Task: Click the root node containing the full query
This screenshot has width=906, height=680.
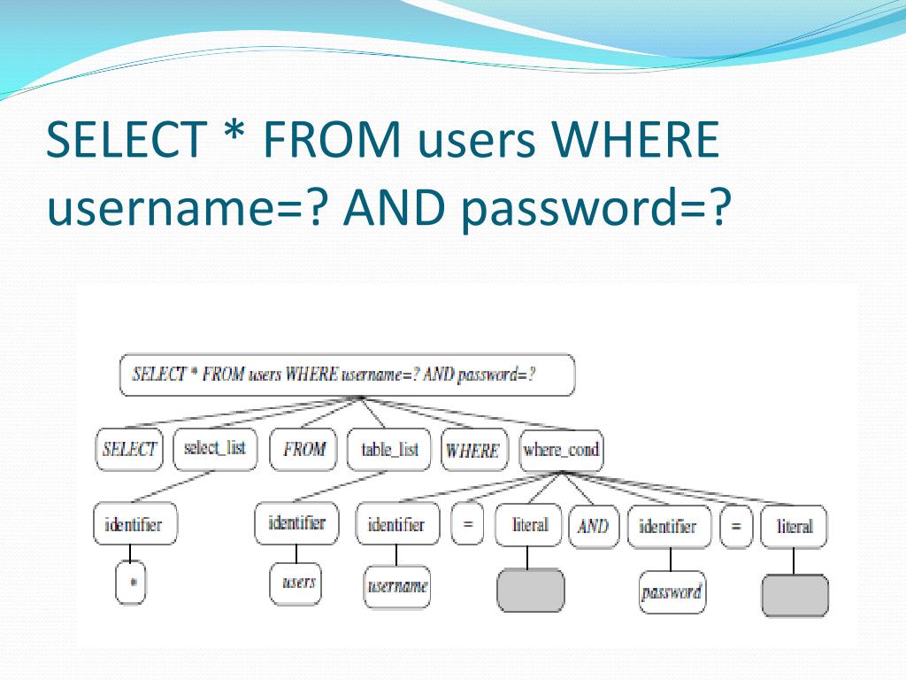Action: [x=346, y=375]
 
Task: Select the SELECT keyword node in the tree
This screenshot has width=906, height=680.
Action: [x=129, y=449]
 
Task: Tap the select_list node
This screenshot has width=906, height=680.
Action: [x=214, y=448]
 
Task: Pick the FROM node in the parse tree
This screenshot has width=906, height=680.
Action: [x=304, y=449]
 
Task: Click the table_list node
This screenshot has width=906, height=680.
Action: [x=389, y=449]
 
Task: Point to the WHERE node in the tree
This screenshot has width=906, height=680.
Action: [x=472, y=450]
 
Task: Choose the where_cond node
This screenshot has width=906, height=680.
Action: [x=561, y=450]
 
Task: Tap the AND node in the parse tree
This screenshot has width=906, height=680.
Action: [x=593, y=526]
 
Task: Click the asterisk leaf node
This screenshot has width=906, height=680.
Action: [x=131, y=584]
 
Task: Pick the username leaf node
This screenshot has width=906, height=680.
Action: [x=397, y=586]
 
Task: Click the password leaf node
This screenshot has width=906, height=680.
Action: [x=672, y=592]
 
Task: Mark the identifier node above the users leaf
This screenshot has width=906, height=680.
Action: [x=296, y=523]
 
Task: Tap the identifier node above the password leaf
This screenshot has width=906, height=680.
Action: [x=668, y=527]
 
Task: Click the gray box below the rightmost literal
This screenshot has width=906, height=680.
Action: [x=795, y=596]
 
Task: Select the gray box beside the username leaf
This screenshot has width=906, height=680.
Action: [x=530, y=591]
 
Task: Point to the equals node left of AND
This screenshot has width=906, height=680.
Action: [x=467, y=525]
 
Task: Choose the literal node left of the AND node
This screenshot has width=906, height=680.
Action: [x=530, y=525]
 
